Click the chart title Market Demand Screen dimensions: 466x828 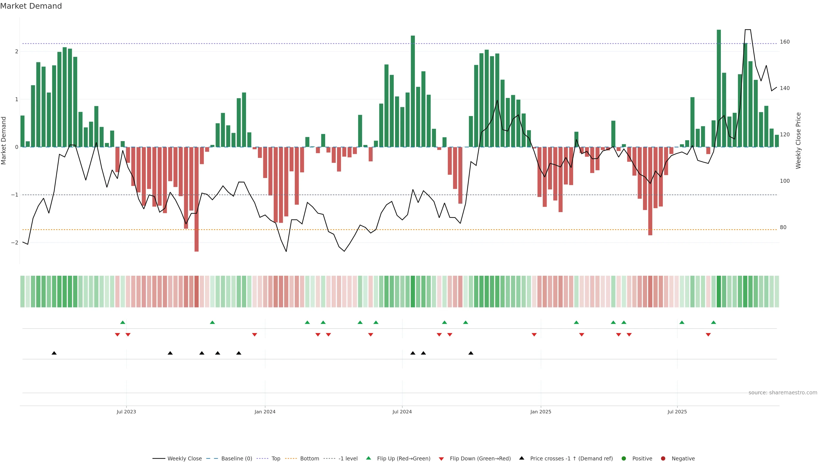click(31, 6)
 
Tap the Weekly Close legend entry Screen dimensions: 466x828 click(184, 459)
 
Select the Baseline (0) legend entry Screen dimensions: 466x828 click(236, 459)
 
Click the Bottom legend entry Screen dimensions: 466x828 click(309, 459)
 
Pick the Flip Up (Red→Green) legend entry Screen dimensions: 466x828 click(403, 459)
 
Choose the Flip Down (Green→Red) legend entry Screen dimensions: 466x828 click(480, 459)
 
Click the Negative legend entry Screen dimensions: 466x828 click(683, 459)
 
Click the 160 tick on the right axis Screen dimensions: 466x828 click(785, 42)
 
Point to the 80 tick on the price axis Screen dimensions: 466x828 click(783, 227)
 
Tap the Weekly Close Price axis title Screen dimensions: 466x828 click(798, 140)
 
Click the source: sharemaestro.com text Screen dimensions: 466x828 click(783, 393)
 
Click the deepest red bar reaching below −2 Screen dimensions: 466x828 click(196, 199)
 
